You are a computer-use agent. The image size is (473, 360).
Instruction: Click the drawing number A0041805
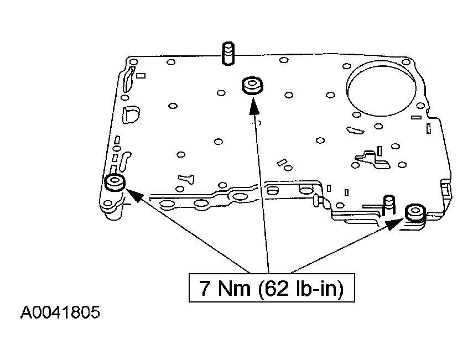click(60, 313)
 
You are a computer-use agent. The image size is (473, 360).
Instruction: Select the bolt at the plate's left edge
click(116, 182)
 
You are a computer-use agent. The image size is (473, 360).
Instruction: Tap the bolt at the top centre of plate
click(252, 86)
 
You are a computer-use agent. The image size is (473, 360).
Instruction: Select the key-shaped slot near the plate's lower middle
click(185, 179)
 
